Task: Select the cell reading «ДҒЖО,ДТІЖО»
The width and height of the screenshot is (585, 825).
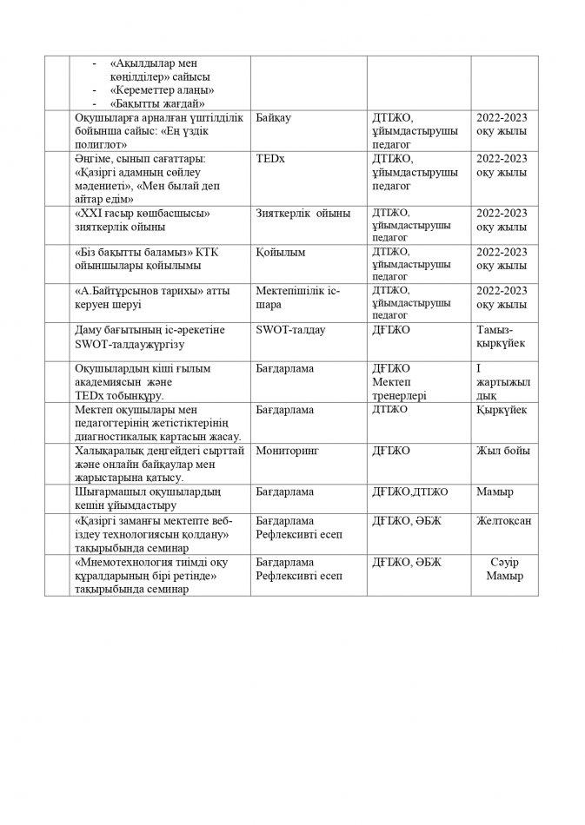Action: click(x=409, y=492)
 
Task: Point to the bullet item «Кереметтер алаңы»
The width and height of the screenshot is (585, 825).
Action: click(x=163, y=90)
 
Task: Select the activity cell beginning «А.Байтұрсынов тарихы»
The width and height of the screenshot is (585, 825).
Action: click(x=156, y=298)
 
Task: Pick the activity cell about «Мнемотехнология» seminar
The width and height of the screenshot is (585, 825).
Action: click(x=156, y=576)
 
